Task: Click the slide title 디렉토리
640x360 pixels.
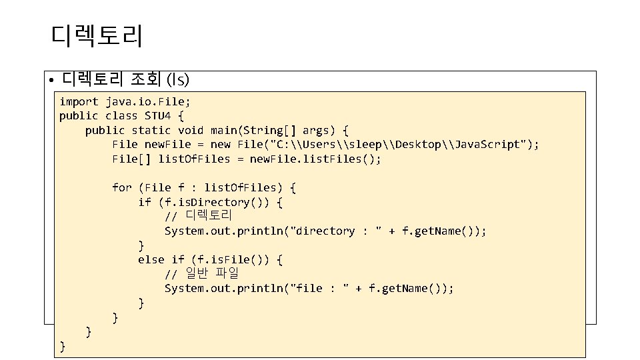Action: (x=96, y=36)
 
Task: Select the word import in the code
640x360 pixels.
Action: (x=79, y=101)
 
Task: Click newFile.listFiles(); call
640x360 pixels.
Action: (x=315, y=159)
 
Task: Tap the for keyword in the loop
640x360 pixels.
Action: (x=122, y=187)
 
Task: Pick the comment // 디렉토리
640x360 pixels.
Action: (x=198, y=216)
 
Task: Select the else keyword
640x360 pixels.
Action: (x=151, y=259)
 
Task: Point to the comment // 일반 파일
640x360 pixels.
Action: (x=201, y=273)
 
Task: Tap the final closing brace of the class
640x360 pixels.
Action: (x=63, y=345)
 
